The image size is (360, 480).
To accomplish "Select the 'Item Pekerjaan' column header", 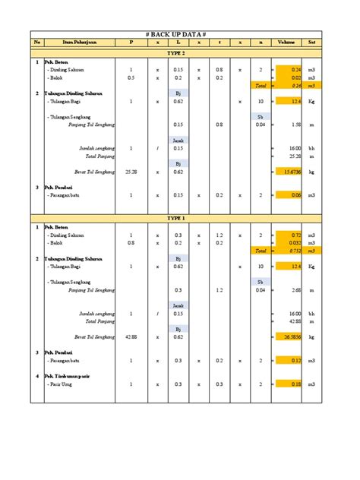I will [x=77, y=43].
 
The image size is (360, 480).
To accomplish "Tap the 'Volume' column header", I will [x=288, y=43].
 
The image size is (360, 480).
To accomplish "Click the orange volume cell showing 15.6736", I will [x=289, y=172].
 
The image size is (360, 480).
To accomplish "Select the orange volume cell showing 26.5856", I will [x=289, y=336].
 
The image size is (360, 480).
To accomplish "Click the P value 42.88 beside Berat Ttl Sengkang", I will [x=131, y=336].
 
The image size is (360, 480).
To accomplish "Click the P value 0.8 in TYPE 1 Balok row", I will [x=131, y=243].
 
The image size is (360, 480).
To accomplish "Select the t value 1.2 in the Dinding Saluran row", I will [x=219, y=235].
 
